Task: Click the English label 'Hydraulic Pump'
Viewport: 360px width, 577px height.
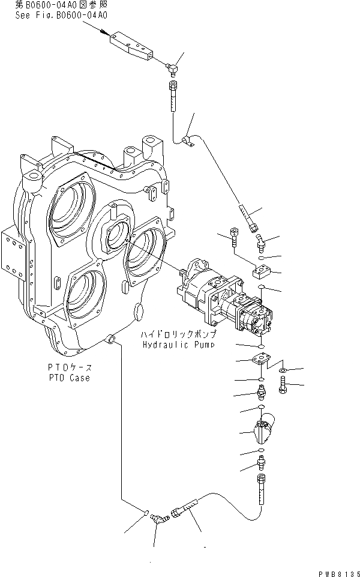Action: pyautogui.click(x=178, y=345)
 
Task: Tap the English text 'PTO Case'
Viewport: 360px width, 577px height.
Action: pyautogui.click(x=70, y=378)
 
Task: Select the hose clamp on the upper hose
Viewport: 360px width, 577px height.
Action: pyautogui.click(x=186, y=140)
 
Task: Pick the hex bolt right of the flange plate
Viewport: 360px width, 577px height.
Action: pyautogui.click(x=283, y=384)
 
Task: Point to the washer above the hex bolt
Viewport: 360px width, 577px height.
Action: pyautogui.click(x=283, y=369)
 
